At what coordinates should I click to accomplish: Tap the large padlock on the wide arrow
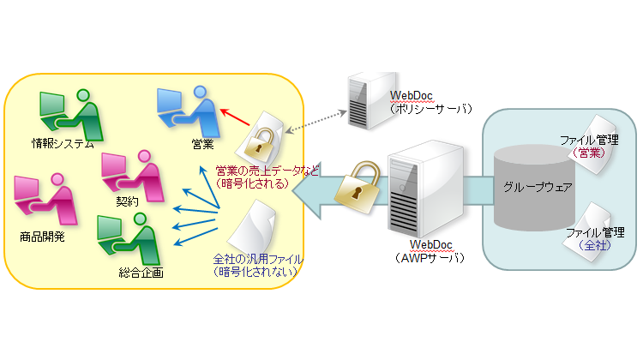pos(354,183)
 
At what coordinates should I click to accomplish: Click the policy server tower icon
pos(361,101)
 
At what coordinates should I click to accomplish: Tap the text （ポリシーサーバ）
pos(430,110)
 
